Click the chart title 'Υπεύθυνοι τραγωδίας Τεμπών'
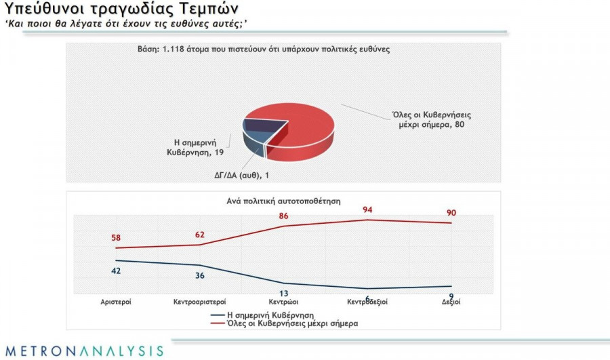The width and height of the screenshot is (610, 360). (121, 12)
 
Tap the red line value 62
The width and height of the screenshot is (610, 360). (199, 235)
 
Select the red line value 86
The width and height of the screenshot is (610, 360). (284, 216)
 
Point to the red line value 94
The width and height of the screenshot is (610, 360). (368, 210)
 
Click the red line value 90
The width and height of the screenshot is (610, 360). (452, 213)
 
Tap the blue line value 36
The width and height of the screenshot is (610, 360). (199, 275)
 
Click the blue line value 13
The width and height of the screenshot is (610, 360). (284, 293)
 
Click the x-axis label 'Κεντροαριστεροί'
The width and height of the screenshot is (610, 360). (199, 302)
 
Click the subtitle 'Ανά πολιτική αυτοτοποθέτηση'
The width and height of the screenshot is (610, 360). (283, 201)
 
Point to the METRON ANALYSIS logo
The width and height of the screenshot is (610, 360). (82, 351)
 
